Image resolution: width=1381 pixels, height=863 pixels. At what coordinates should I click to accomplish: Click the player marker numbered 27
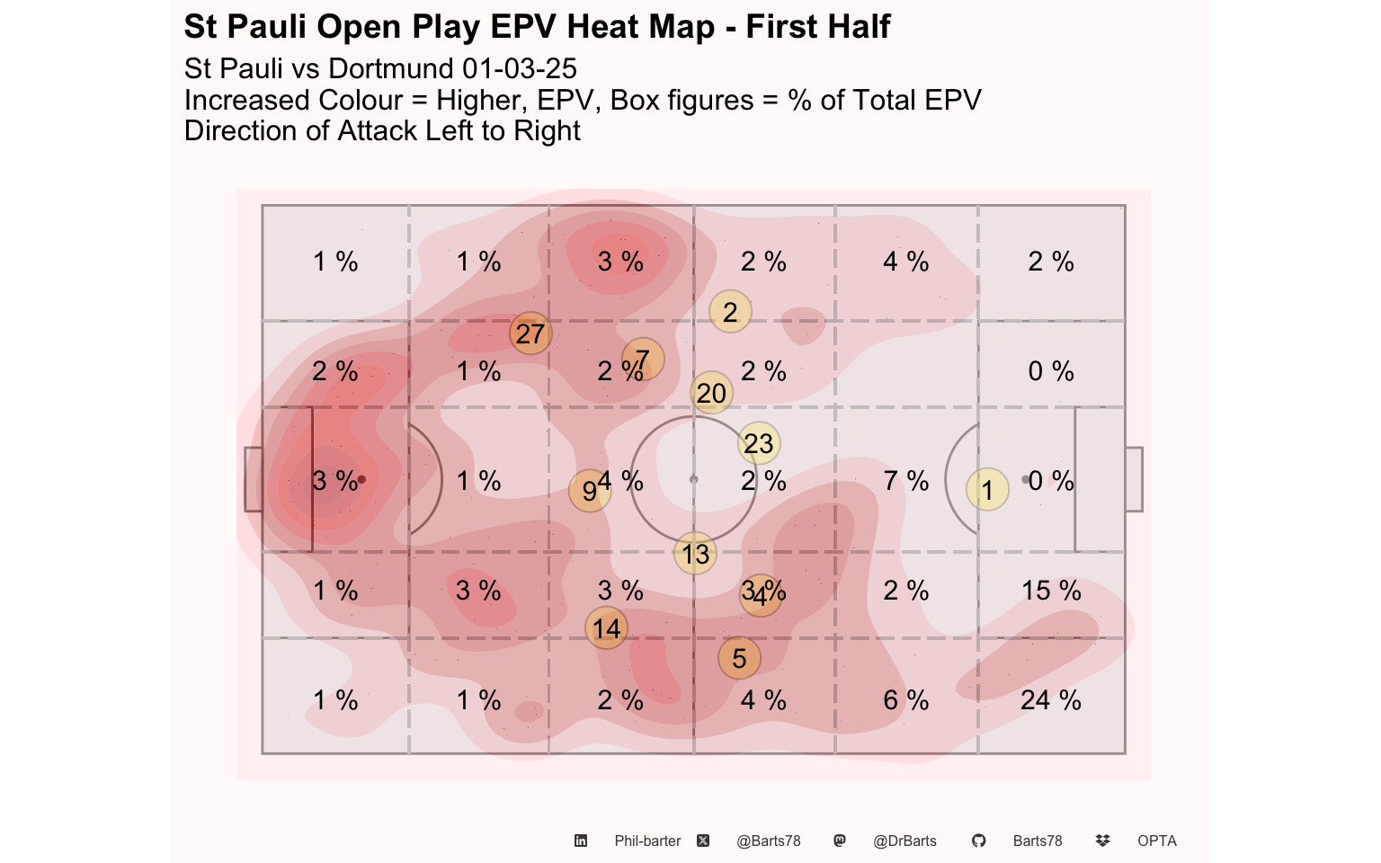click(530, 334)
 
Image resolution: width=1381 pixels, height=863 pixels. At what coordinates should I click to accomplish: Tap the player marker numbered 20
click(711, 393)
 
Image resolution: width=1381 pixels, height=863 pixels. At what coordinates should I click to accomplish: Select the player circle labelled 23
click(759, 443)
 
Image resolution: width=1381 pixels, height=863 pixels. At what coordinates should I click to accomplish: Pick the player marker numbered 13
click(696, 554)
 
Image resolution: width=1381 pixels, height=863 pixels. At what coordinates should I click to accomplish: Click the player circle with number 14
click(607, 628)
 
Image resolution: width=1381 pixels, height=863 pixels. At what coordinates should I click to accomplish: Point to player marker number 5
click(739, 658)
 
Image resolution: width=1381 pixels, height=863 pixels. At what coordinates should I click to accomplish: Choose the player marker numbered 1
click(987, 490)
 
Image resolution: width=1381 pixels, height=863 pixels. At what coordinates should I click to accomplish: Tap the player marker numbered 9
click(589, 491)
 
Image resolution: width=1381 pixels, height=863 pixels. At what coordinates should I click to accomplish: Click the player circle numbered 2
click(730, 312)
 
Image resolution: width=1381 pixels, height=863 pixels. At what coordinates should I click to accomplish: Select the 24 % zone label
click(1050, 700)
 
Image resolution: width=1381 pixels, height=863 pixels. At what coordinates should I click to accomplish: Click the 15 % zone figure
click(1051, 591)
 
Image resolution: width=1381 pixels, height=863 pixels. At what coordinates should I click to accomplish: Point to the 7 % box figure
click(905, 481)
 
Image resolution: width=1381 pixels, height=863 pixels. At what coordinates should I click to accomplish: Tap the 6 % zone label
click(905, 700)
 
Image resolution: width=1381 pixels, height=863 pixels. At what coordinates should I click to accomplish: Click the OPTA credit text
click(1156, 841)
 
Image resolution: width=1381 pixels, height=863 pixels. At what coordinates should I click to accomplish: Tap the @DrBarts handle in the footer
click(904, 841)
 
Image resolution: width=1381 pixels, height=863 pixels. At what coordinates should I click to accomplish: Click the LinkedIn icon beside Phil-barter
click(581, 841)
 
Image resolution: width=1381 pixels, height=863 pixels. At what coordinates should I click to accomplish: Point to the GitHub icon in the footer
click(978, 841)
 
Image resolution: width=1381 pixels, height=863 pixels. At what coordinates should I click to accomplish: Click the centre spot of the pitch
click(693, 479)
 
